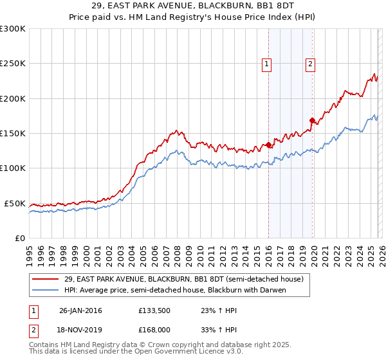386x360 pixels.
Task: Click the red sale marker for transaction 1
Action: [268, 145]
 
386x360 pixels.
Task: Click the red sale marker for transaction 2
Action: [312, 120]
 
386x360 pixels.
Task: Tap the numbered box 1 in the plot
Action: [266, 63]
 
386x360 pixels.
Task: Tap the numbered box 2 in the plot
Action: [310, 63]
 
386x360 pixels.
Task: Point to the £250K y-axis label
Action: [13, 64]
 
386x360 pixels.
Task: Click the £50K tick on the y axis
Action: [15, 203]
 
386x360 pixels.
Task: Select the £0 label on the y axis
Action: [20, 238]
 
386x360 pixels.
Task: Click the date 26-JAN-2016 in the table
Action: [80, 310]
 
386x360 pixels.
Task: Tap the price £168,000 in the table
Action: [154, 330]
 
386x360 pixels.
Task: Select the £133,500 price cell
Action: [154, 310]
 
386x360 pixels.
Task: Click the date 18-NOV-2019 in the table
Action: [80, 330]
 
